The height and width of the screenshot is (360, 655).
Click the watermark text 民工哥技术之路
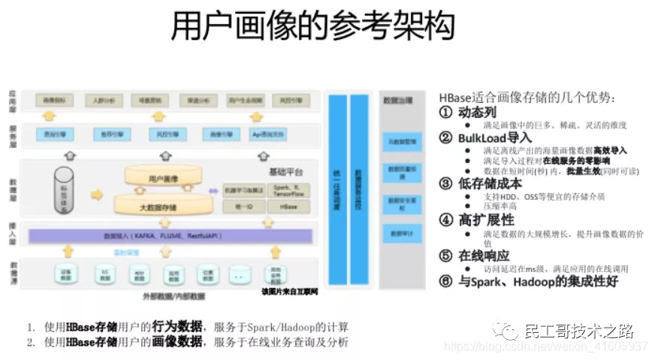578,331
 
